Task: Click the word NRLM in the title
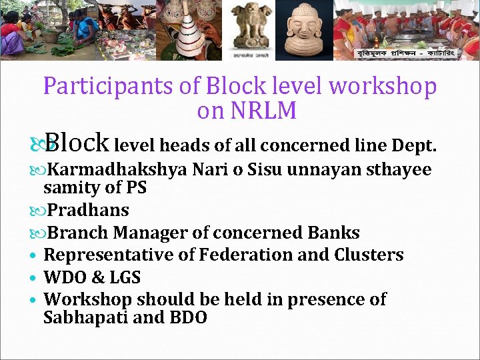pyautogui.click(x=265, y=111)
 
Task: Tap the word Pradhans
pyautogui.click(x=89, y=210)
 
